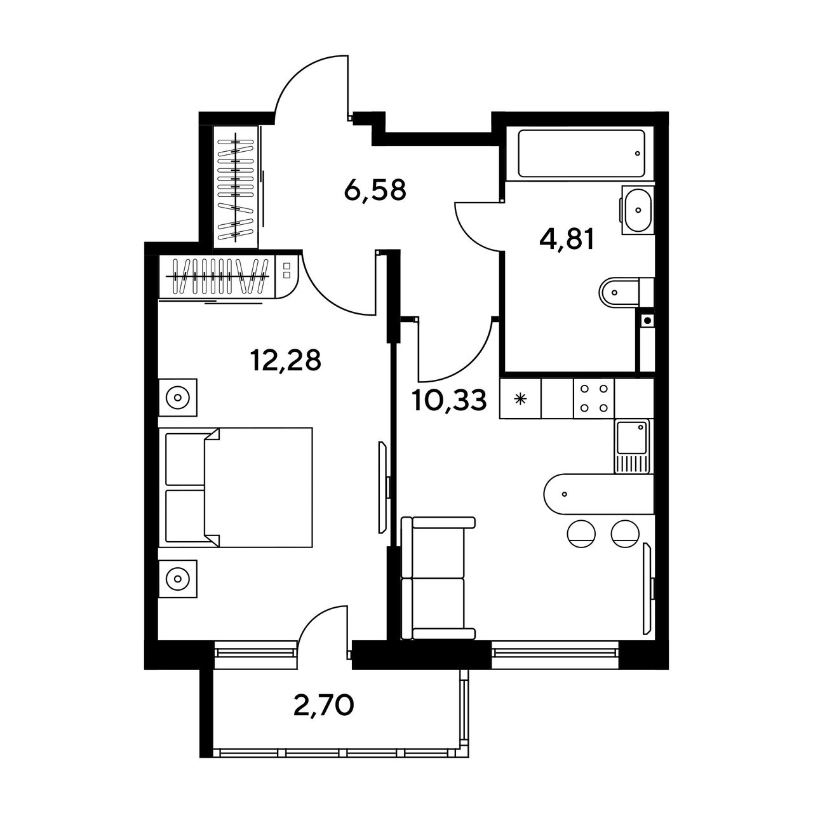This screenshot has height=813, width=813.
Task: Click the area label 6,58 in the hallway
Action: [375, 191]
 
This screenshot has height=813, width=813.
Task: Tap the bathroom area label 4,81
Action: [567, 239]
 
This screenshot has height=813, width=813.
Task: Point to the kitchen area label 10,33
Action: [450, 400]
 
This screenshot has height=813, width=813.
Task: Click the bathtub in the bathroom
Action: [581, 153]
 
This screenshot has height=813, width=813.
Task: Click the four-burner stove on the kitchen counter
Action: [594, 398]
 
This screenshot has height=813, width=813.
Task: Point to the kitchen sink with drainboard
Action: [632, 447]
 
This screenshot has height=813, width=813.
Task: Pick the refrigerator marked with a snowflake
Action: [520, 398]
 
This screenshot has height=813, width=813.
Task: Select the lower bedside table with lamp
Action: [178, 578]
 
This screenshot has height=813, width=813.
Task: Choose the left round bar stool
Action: [582, 534]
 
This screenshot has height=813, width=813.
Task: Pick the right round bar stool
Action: [625, 534]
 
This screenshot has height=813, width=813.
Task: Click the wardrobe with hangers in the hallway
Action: [236, 187]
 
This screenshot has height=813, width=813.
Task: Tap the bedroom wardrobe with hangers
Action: [217, 277]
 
